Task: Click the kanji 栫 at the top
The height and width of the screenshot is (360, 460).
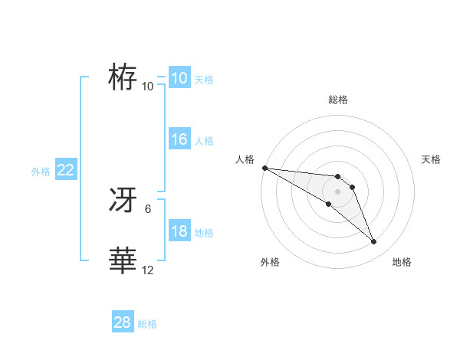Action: click(x=123, y=77)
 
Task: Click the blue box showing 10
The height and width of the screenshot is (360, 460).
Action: click(x=179, y=78)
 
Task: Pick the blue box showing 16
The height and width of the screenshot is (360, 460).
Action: click(x=179, y=139)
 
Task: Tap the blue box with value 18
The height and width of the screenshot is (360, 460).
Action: click(x=179, y=231)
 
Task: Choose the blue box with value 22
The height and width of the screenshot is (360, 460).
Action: click(x=65, y=170)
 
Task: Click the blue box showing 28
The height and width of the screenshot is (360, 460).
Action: click(x=122, y=322)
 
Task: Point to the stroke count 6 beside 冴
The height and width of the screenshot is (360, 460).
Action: click(x=148, y=208)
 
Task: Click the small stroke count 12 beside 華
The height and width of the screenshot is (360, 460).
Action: click(x=148, y=270)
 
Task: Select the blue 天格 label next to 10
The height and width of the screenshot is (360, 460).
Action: click(x=204, y=79)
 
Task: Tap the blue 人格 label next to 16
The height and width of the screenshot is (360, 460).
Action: click(x=204, y=141)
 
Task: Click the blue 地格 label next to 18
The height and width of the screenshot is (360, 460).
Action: click(x=204, y=233)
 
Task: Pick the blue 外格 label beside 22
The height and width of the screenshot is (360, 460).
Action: click(x=41, y=172)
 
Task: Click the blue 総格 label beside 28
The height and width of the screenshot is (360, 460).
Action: click(x=147, y=324)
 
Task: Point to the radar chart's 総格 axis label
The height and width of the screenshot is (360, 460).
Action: click(x=338, y=100)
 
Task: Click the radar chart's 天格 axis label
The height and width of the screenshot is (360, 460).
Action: click(x=431, y=159)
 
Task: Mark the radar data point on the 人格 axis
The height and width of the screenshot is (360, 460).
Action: click(x=264, y=168)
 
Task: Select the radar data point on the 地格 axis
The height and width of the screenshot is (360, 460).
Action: click(x=374, y=242)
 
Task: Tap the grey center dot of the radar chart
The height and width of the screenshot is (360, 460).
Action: click(x=337, y=191)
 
